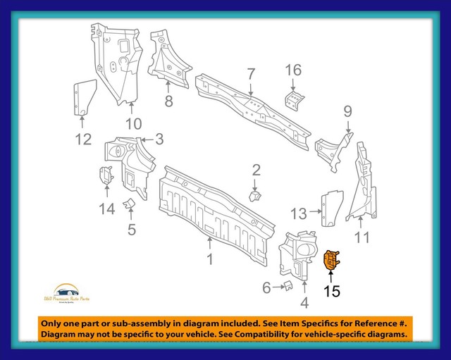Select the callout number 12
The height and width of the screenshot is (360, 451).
(83, 139)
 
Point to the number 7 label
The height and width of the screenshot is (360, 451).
(250, 73)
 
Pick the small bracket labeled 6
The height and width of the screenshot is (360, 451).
(287, 285)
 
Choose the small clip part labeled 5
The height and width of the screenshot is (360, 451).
(129, 204)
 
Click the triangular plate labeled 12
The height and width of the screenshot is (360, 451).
(83, 97)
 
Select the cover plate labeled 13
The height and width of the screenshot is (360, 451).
(331, 204)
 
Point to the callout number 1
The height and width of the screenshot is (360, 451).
(209, 259)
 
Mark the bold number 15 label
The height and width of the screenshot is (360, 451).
(331, 290)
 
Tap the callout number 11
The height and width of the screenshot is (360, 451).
(362, 237)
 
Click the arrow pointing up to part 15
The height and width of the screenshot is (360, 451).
(331, 277)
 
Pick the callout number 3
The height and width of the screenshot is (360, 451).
(160, 139)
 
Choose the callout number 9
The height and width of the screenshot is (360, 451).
(347, 111)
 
